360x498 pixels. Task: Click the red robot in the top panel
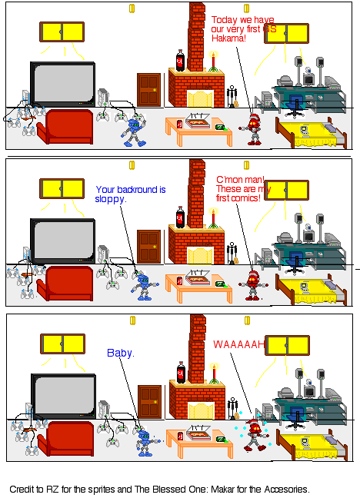pos(254,129)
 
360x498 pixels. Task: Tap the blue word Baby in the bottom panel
pos(120,353)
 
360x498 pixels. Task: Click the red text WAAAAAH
pos(238,344)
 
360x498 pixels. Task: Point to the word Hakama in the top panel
pos(228,38)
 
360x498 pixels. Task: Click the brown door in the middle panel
pos(148,248)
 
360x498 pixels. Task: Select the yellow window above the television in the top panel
pos(62,32)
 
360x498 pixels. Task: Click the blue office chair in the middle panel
pos(294,262)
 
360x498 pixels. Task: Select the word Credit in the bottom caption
pos(22,489)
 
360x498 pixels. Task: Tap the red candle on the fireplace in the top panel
pos(212,58)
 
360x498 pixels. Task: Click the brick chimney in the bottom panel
pos(198,346)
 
